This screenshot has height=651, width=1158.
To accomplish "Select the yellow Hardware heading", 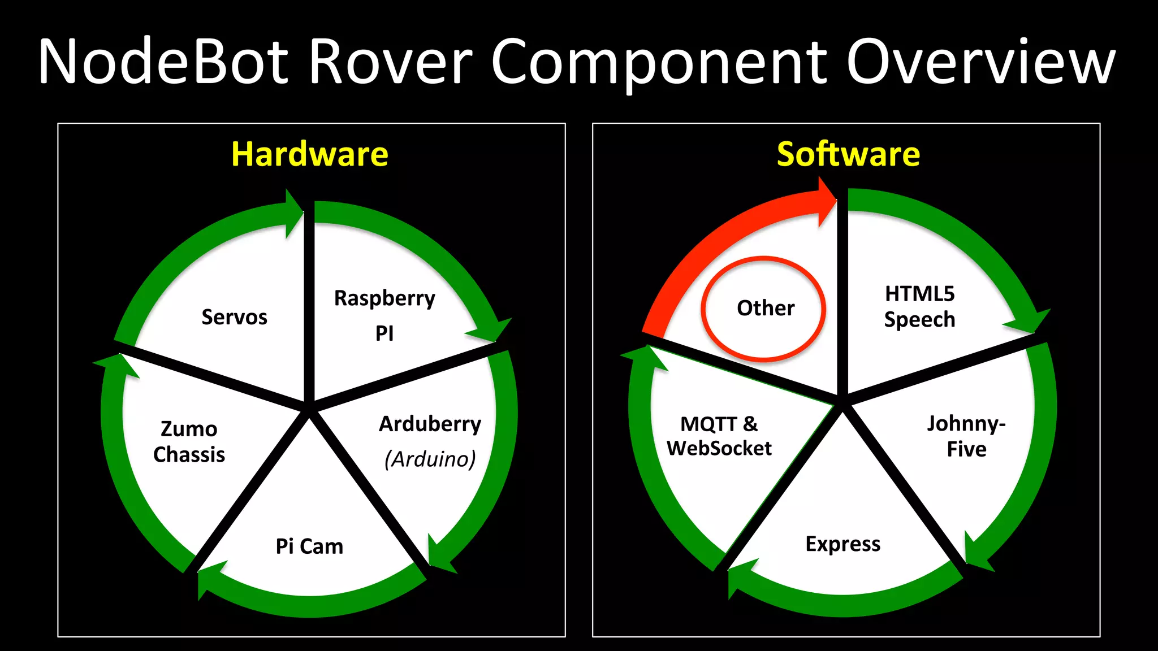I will pyautogui.click(x=310, y=154).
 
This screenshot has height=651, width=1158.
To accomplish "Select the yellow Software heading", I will pyautogui.click(x=848, y=154).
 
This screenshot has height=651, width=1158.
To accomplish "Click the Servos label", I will pyautogui.click(x=234, y=317).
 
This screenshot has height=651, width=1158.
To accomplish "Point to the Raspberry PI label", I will pyautogui.click(x=384, y=315).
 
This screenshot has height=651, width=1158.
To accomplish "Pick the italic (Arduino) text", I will pyautogui.click(x=430, y=459).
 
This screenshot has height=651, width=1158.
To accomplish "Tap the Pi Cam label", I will pyautogui.click(x=309, y=546).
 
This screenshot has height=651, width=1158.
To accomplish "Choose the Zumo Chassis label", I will pyautogui.click(x=189, y=441).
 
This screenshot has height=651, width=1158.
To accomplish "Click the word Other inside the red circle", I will pyautogui.click(x=766, y=308).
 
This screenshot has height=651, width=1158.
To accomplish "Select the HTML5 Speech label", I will pyautogui.click(x=919, y=306).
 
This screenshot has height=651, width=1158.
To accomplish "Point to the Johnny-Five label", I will pyautogui.click(x=966, y=436).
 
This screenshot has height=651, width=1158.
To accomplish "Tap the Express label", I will pyautogui.click(x=842, y=544).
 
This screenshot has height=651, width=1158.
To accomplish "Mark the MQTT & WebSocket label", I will pyautogui.click(x=719, y=436).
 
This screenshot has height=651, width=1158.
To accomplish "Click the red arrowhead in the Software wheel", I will pyautogui.click(x=826, y=201).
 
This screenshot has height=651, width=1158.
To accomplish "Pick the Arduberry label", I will pyautogui.click(x=430, y=424).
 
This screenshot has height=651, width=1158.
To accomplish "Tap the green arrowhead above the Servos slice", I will pyautogui.click(x=293, y=212).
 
